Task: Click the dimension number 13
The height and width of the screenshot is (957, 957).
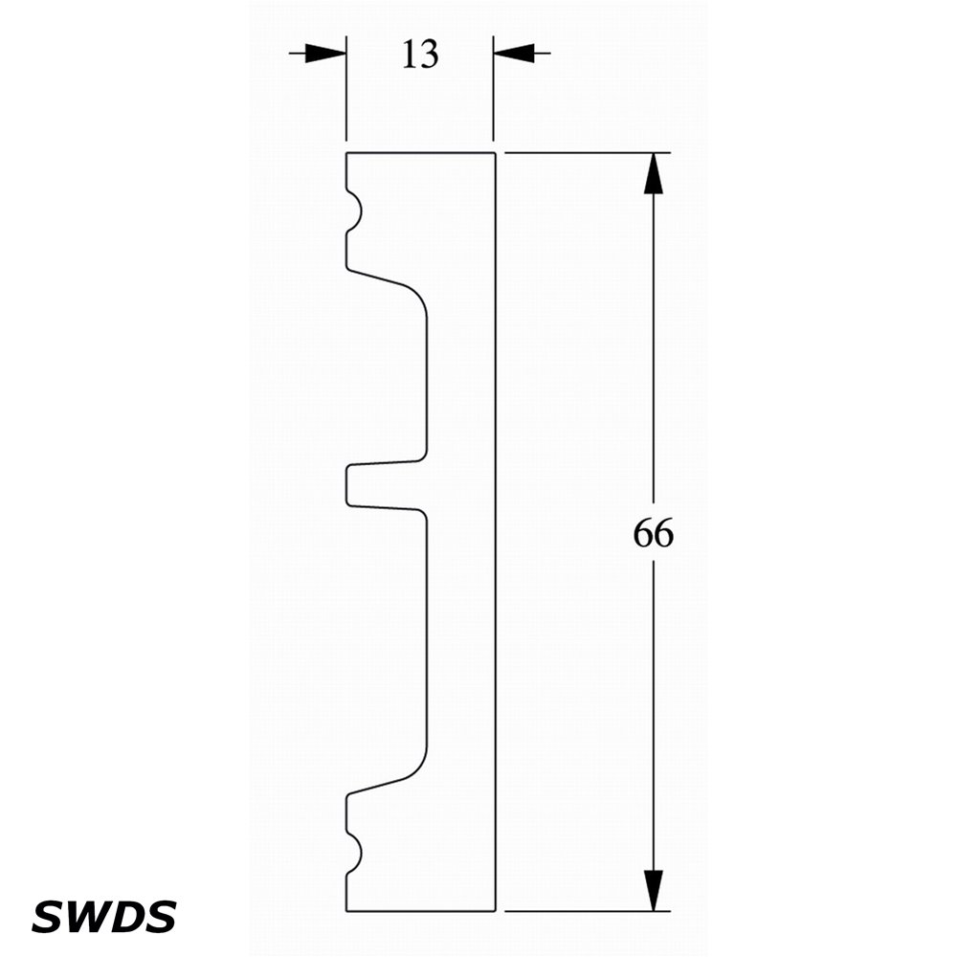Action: pos(420,54)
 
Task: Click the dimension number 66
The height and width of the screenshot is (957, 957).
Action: pos(653,533)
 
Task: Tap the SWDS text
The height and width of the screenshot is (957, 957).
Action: pos(103,917)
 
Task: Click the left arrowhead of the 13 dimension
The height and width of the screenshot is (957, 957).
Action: pos(325,53)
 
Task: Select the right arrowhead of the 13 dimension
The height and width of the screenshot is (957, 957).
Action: pos(514,53)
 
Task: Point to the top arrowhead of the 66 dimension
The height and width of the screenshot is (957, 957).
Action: pos(653,173)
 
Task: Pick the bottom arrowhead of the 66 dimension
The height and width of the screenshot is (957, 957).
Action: pos(653,890)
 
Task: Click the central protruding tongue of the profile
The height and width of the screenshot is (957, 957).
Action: pos(385,486)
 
